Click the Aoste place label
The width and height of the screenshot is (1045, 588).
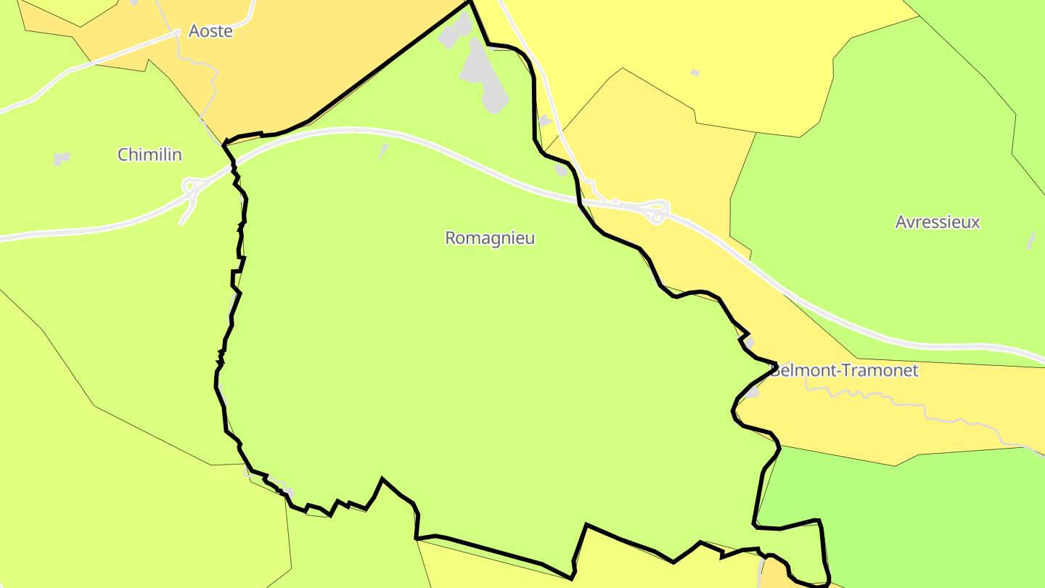(x=210, y=31)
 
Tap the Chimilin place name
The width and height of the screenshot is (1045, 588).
(x=149, y=155)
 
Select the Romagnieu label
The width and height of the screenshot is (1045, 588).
(x=490, y=238)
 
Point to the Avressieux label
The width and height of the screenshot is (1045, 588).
(x=938, y=222)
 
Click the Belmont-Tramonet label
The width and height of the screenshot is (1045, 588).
(x=845, y=371)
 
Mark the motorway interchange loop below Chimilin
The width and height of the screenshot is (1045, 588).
(x=191, y=189)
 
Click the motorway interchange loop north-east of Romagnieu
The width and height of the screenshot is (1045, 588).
(x=657, y=211)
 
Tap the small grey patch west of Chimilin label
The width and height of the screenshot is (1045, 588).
(x=62, y=158)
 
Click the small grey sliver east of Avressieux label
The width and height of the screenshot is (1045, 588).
(x=1030, y=240)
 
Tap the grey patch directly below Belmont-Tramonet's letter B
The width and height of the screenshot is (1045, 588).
(x=751, y=393)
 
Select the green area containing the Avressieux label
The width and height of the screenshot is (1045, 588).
(x=871, y=276)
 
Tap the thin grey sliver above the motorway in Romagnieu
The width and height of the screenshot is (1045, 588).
(x=383, y=150)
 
